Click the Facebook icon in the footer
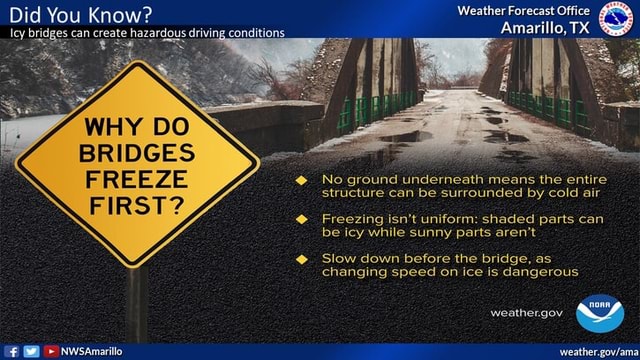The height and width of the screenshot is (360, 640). [11, 351]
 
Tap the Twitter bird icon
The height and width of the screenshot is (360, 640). [31, 351]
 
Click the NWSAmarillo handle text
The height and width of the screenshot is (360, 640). [91, 351]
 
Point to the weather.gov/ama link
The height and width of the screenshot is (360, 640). [598, 351]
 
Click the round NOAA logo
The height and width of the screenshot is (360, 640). [600, 314]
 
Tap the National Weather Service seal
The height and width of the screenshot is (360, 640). [617, 19]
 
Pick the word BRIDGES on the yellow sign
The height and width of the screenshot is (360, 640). [137, 154]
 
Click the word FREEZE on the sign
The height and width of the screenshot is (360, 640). [136, 180]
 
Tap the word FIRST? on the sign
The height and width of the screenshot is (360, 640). [136, 206]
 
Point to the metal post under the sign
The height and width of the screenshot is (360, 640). [137, 305]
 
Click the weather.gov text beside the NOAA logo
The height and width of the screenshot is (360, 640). [527, 313]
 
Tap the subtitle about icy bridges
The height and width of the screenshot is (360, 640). [146, 33]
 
